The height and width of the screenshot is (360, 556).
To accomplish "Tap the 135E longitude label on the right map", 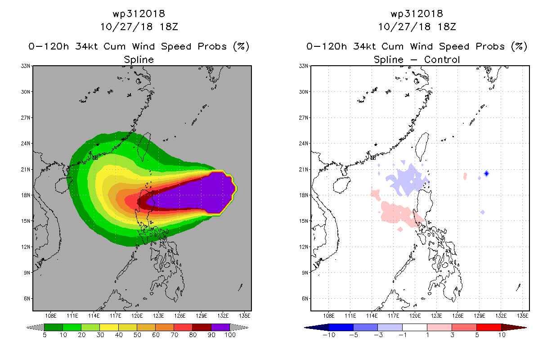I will click(x=523, y=315).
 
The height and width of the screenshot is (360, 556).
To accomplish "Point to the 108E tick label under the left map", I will click(x=50, y=315).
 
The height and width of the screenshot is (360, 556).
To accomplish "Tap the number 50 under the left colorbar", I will click(x=137, y=335).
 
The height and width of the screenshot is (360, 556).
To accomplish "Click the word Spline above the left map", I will click(x=139, y=59).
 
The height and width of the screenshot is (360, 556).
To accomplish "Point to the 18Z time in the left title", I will click(x=169, y=27).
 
